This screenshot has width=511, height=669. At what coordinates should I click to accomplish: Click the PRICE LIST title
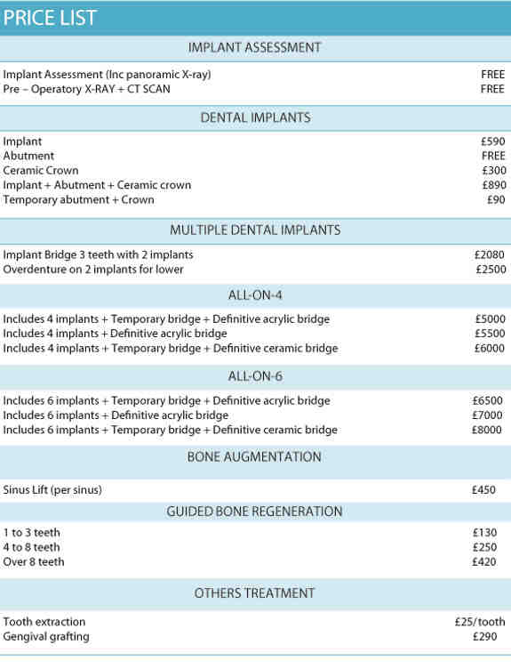[51, 18]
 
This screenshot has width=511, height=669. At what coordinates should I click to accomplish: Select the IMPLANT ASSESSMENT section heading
[255, 48]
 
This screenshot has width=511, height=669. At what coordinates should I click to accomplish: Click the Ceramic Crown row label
[41, 171]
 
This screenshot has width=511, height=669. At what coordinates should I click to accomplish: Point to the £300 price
[493, 171]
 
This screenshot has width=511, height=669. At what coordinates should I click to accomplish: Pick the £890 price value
[493, 185]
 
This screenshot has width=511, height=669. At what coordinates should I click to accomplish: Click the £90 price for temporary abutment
[496, 199]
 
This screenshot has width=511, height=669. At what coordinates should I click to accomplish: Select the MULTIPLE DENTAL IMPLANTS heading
[255, 230]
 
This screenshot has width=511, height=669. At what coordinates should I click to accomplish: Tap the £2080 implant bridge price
[490, 255]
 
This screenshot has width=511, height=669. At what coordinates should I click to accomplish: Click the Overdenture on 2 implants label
[93, 270]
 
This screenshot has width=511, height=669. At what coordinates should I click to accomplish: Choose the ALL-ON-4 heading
[255, 294]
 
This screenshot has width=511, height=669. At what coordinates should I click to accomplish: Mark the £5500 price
[490, 334]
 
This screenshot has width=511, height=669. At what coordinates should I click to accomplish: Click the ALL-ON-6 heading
[255, 376]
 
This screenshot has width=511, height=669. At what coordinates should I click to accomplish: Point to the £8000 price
[490, 431]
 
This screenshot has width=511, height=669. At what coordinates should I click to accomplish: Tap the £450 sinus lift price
[484, 490]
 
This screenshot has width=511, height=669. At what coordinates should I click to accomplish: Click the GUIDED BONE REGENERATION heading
[255, 512]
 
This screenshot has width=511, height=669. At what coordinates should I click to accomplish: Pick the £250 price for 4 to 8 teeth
[484, 547]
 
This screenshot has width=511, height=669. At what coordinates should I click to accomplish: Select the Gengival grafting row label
[46, 637]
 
